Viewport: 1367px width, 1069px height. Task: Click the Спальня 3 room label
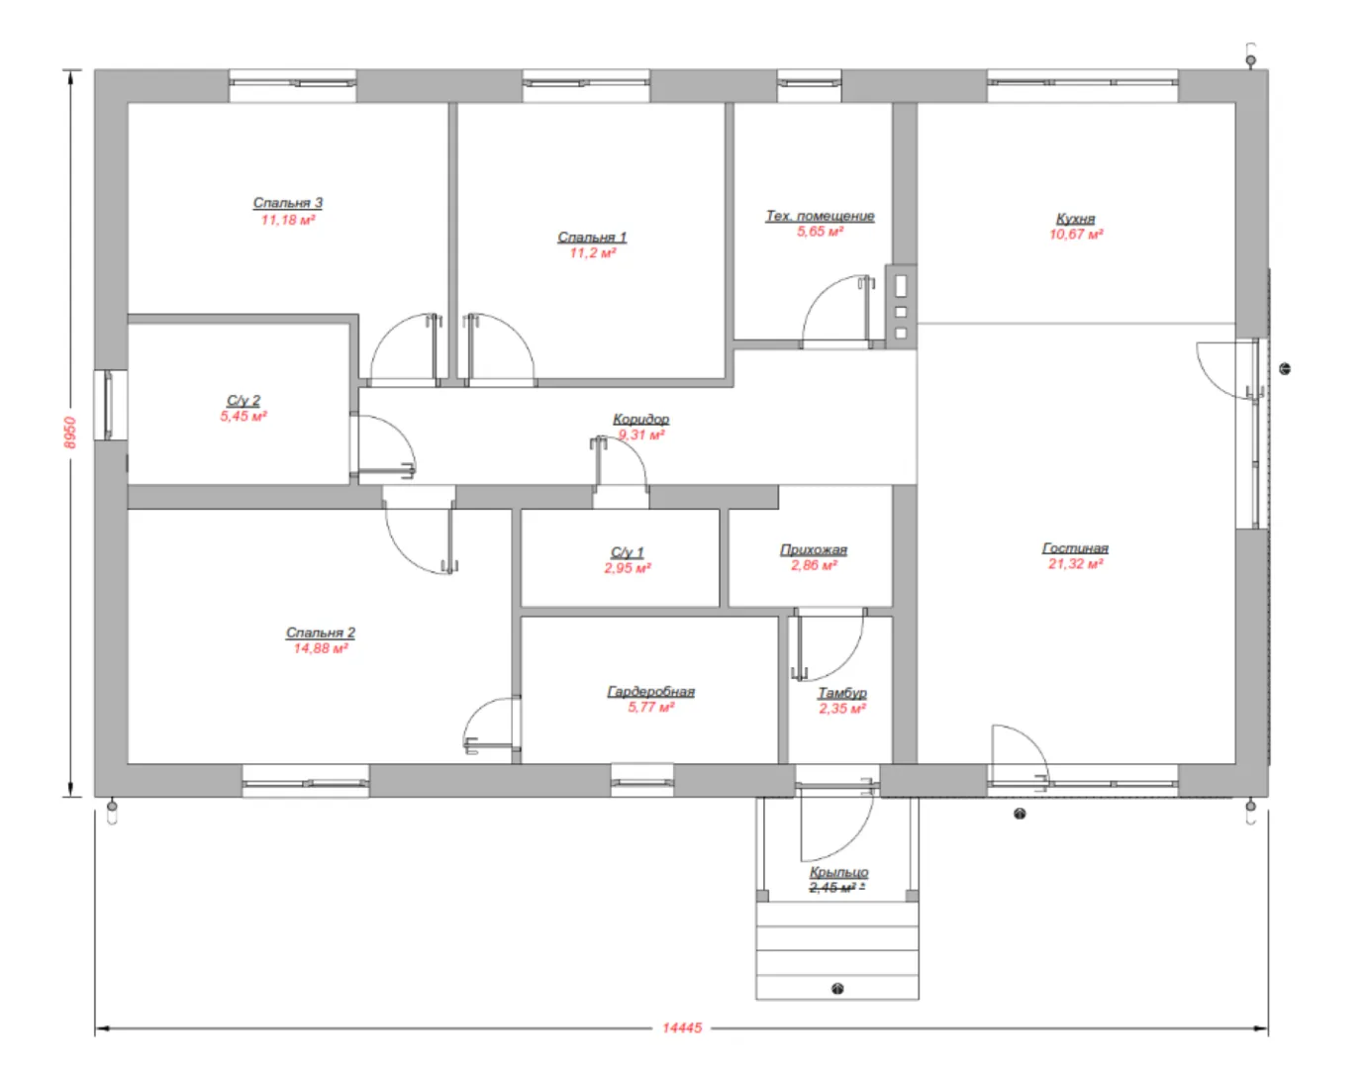(x=287, y=203)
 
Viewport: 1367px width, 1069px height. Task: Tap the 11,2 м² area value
(x=593, y=252)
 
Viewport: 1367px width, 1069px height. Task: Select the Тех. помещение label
(x=820, y=216)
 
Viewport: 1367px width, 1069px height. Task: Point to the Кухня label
(x=1075, y=218)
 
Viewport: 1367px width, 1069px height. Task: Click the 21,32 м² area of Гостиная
(x=1075, y=563)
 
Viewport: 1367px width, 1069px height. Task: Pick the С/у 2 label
(x=244, y=401)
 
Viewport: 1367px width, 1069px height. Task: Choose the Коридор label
(x=641, y=419)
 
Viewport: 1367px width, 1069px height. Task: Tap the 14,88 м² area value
(x=321, y=648)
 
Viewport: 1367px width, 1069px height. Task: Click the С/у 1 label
(x=628, y=552)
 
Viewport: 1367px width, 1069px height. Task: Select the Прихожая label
(x=814, y=549)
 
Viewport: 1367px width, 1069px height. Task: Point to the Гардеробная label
(x=651, y=692)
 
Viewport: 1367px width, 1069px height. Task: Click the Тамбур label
(x=842, y=693)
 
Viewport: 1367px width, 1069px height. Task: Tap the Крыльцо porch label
(x=838, y=872)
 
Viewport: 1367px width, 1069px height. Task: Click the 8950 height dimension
(x=70, y=433)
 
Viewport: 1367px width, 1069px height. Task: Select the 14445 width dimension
(x=682, y=1027)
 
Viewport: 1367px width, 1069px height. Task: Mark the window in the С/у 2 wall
(x=111, y=404)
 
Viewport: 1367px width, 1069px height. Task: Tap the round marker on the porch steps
(x=838, y=989)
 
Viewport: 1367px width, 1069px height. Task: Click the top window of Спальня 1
(x=586, y=85)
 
